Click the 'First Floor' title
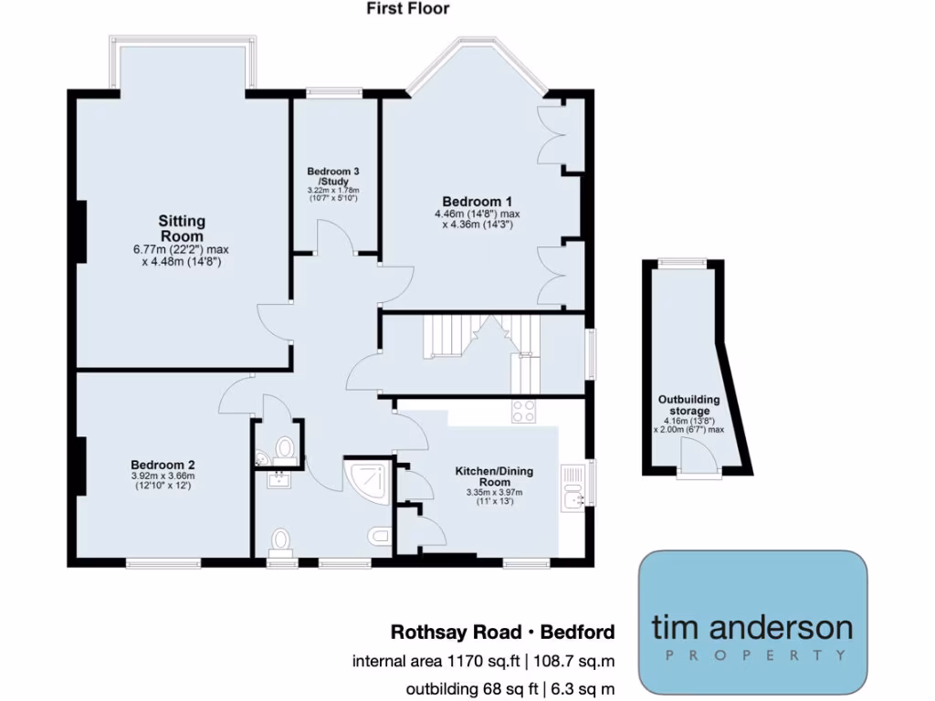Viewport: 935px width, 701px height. [x=408, y=9]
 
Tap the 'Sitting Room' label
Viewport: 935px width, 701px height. [x=182, y=228]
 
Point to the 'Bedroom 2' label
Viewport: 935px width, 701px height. [x=162, y=464]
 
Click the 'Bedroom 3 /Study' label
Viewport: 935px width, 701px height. [x=332, y=176]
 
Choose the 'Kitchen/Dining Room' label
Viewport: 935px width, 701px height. [x=494, y=476]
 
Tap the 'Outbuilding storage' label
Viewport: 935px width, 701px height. [x=689, y=405]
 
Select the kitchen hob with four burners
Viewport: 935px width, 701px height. [x=524, y=412]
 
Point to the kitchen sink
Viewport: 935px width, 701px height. [x=573, y=498]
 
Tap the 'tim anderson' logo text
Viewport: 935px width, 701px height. [x=752, y=627]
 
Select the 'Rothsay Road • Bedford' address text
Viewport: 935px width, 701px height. [x=502, y=632]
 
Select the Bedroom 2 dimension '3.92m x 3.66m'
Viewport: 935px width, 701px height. [x=162, y=476]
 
